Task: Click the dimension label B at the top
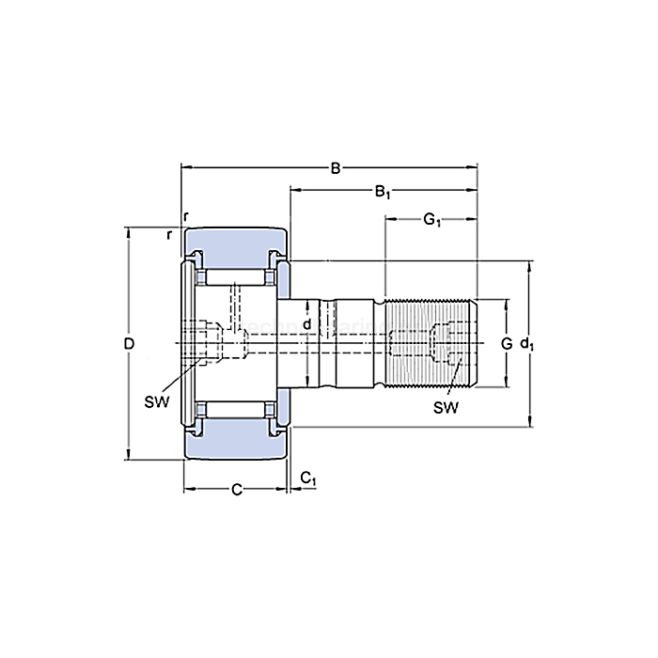pyautogui.click(x=335, y=169)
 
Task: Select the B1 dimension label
pyautogui.click(x=383, y=193)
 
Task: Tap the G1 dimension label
pyautogui.click(x=431, y=220)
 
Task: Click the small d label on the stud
pyautogui.click(x=306, y=323)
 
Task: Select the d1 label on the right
pyautogui.click(x=529, y=344)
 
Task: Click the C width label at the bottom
pyautogui.click(x=236, y=489)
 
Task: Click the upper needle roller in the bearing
pyautogui.click(x=235, y=278)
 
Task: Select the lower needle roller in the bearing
pyautogui.click(x=235, y=409)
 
